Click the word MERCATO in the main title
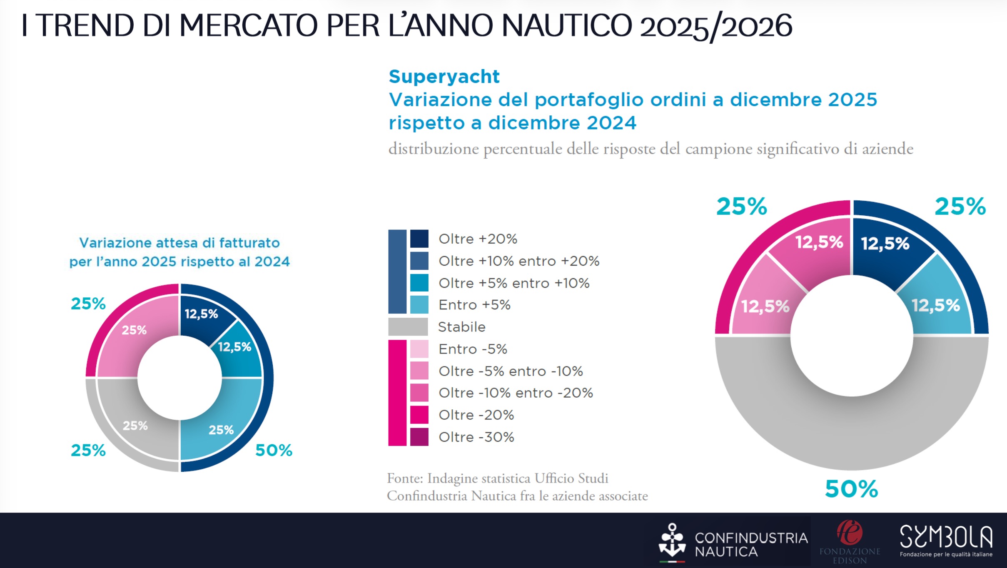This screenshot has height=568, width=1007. pyautogui.click(x=248, y=26)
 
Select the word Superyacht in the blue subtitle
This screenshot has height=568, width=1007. pyautogui.click(x=444, y=77)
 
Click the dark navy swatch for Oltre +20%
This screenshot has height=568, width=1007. pyautogui.click(x=419, y=239)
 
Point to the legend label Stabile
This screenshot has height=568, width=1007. pyautogui.click(x=461, y=327)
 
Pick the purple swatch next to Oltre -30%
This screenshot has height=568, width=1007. pyautogui.click(x=419, y=437)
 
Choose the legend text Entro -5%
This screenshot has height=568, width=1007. pyautogui.click(x=473, y=349)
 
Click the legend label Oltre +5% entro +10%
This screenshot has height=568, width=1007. pyautogui.click(x=514, y=283)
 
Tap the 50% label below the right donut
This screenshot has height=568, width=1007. pyautogui.click(x=851, y=489)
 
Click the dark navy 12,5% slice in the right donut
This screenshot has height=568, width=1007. pyautogui.click(x=885, y=250)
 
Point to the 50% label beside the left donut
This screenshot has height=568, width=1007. pyautogui.click(x=274, y=450)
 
